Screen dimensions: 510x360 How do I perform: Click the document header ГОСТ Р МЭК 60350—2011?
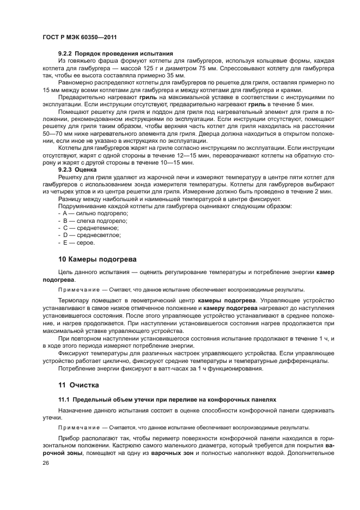(x=78, y=36)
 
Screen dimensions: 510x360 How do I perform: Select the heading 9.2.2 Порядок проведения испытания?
(x=115, y=54)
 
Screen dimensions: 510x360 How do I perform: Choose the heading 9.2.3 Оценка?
(x=77, y=170)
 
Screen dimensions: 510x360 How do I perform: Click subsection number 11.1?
(x=64, y=400)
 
